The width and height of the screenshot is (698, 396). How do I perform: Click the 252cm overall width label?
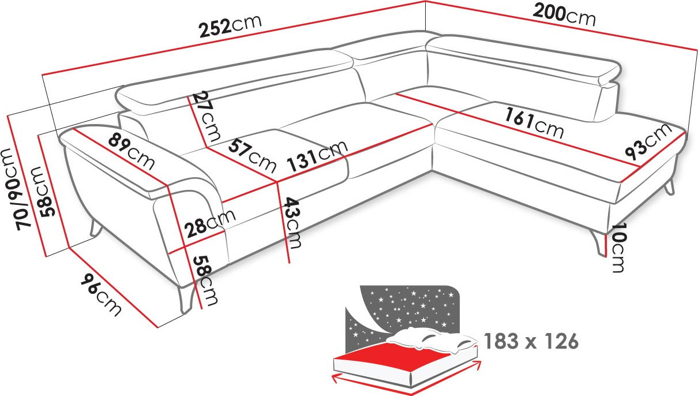(230, 26)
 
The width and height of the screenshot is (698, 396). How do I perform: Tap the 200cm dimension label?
(564, 15)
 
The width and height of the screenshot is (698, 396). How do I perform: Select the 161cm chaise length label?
(534, 123)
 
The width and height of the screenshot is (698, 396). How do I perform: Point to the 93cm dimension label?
(648, 141)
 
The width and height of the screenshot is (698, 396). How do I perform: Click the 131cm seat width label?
(317, 156)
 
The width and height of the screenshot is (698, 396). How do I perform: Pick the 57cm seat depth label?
(252, 156)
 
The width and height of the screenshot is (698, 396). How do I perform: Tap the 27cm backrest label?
(206, 116)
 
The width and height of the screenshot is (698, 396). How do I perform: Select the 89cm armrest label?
(131, 151)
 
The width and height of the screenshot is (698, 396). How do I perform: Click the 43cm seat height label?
(292, 223)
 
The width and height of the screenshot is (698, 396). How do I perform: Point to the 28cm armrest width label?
(210, 223)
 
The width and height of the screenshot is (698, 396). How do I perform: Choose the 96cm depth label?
(102, 294)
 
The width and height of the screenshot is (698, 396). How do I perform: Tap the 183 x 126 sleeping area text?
(531, 341)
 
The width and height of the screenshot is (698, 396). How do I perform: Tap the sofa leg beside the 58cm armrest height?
(186, 300)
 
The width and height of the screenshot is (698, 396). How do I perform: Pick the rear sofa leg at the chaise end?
(670, 188)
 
